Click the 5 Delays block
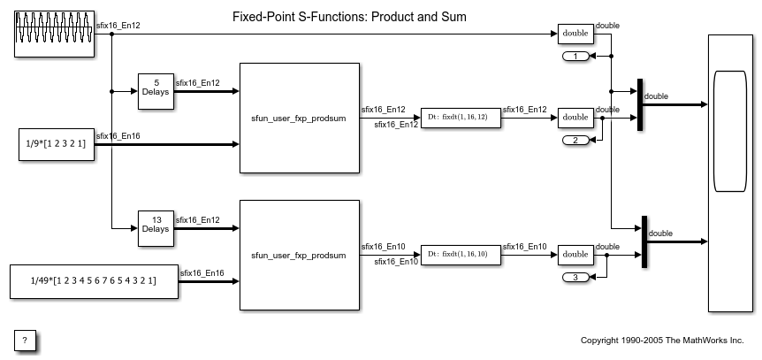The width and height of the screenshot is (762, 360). coord(156,91)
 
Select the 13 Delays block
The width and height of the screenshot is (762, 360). coord(156,228)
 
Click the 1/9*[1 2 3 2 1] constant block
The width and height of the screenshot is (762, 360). coord(57,144)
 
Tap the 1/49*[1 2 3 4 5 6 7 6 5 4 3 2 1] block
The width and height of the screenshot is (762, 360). coord(95,281)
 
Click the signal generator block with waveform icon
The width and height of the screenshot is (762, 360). coord(55,34)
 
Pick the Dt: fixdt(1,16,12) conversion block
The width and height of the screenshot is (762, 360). coord(461,118)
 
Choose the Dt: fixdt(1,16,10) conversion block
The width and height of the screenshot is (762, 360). coord(461,255)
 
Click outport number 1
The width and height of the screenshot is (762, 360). coord(575,57)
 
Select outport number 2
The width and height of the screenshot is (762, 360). coord(575,141)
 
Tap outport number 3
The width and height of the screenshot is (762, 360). coord(575,278)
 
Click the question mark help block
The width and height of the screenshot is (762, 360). coord(25,341)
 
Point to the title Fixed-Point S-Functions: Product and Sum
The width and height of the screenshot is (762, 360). coord(349,17)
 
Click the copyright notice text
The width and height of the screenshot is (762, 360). coord(662,341)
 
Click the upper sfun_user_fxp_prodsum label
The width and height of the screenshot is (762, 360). coord(299,119)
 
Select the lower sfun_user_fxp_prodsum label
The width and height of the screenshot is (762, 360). coord(299,256)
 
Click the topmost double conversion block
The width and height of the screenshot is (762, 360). coord(575,34)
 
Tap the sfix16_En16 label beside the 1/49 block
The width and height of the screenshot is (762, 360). coord(202,273)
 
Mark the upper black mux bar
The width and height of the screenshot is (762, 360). coord(640,104)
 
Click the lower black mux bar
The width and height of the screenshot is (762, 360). coord(645,241)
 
